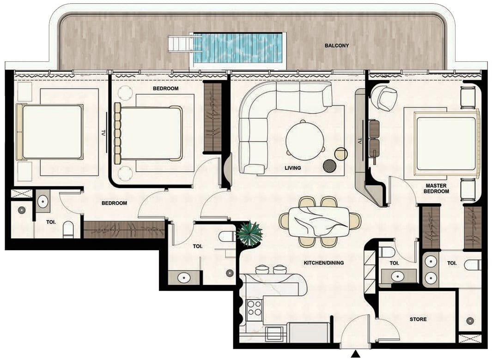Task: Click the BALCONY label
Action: [337, 46]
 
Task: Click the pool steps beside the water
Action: [181, 44]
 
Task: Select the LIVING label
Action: [293, 168]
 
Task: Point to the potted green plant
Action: [250, 234]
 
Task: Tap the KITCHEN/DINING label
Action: [324, 263]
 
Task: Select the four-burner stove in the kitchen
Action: [254, 308]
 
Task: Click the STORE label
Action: [418, 319]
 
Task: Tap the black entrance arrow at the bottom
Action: [356, 354]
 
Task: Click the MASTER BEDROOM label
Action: [436, 188]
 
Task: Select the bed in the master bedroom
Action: [447, 144]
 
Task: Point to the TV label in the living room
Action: [360, 141]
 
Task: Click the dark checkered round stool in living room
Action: [330, 166]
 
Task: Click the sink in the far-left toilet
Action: [43, 201]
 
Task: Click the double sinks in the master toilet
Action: [431, 270]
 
